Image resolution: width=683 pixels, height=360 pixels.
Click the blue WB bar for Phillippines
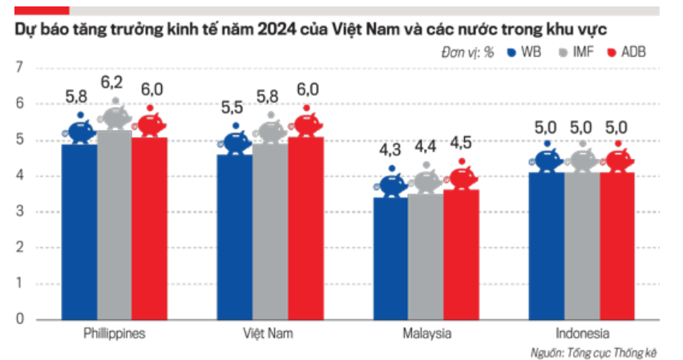pos(79,232)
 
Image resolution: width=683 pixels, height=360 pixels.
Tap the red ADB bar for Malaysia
pos(461,254)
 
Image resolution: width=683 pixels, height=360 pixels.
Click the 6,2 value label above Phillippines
pos(112,82)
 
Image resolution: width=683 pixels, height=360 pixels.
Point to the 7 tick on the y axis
pos(19,67)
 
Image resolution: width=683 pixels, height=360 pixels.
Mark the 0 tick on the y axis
pos(19,319)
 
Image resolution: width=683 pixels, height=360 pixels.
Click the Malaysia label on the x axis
pos(426,334)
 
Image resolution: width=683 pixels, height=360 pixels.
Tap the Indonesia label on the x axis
pos(582,334)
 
